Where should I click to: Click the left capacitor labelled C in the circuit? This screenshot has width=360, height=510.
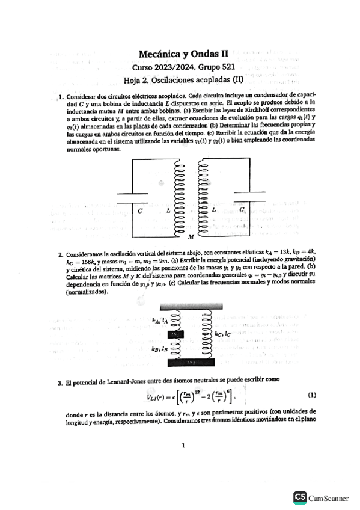(x=132, y=199)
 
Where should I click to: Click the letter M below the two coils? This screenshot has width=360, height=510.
(x=191, y=237)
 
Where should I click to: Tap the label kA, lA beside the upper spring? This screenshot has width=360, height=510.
(x=159, y=321)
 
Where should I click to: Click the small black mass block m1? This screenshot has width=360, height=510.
(x=177, y=334)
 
